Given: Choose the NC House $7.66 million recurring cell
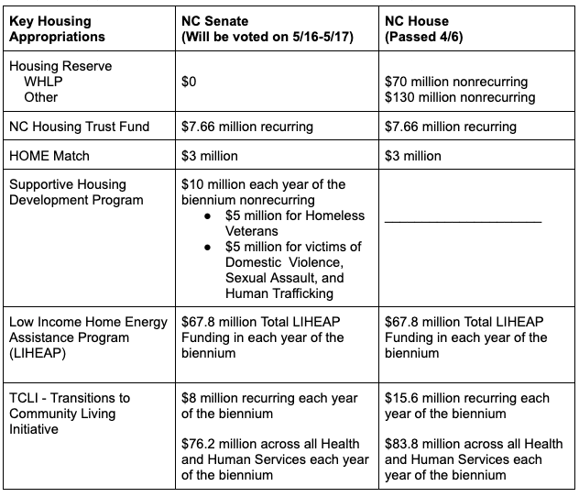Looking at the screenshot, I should [451, 127].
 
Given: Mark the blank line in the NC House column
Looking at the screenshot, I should [463, 221].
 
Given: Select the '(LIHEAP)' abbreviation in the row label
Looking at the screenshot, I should [38, 354].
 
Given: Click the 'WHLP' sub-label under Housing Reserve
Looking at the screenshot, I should [44, 82].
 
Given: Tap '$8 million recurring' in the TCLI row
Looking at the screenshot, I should [249, 398].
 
